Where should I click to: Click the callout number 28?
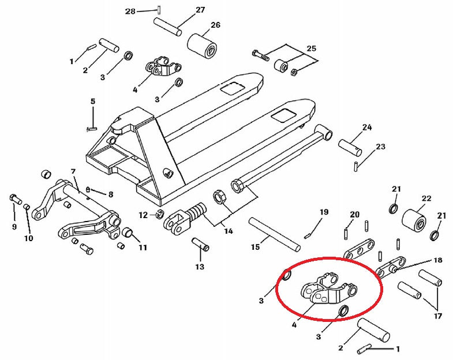[130, 12]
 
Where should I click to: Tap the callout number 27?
[200, 10]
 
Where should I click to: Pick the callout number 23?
[380, 147]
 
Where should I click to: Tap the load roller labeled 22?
[413, 219]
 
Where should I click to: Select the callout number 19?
[324, 212]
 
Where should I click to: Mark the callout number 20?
[354, 215]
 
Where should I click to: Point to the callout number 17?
[438, 316]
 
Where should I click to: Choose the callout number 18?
[438, 260]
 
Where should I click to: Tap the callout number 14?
[229, 231]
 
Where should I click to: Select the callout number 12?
[143, 215]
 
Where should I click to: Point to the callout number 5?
[92, 102]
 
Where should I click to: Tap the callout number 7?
[73, 171]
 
